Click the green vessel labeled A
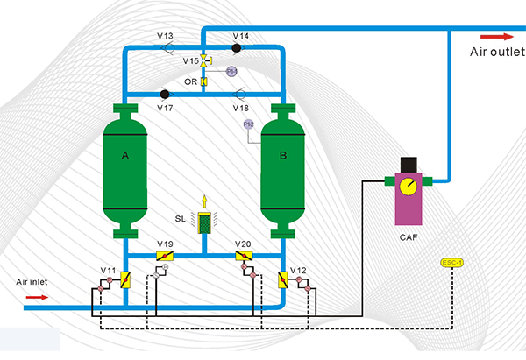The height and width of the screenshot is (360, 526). (126, 170)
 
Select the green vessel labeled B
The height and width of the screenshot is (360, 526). (282, 170)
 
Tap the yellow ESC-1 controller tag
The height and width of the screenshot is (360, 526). (451, 262)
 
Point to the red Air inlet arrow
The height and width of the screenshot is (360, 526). (38, 297)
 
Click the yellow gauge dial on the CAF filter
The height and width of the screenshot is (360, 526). (408, 185)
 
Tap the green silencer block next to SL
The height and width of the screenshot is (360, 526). (204, 223)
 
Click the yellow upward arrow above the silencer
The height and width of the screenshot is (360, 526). (204, 200)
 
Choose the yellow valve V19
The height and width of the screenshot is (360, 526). (165, 254)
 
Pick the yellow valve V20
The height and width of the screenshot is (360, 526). (244, 254)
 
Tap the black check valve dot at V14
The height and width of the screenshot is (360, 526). (237, 47)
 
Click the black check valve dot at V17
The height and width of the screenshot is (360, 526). (164, 94)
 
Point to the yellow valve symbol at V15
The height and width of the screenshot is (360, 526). (203, 61)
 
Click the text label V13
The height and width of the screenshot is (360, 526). (165, 36)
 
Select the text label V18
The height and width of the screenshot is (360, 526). (241, 107)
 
